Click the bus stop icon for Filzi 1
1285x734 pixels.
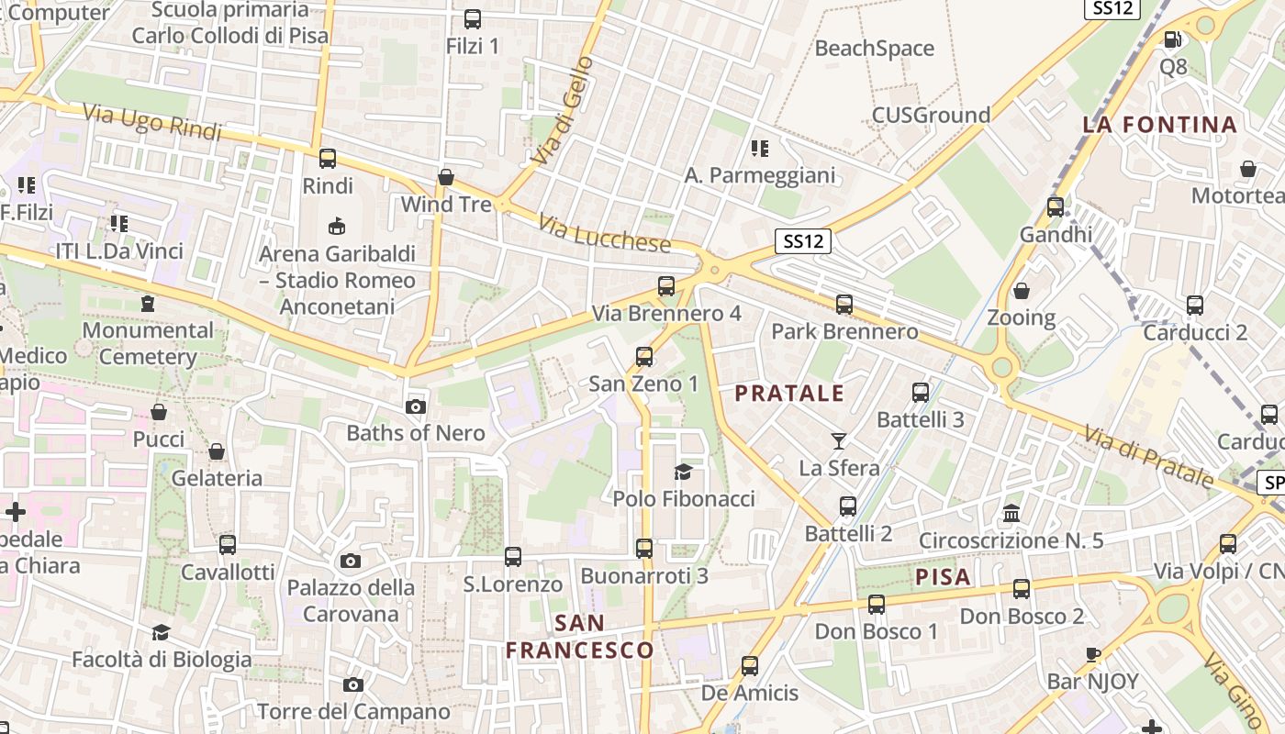(473, 18)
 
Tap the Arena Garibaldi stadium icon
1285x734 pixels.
(337, 226)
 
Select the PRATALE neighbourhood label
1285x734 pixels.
(789, 394)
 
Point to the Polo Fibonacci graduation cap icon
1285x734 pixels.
(683, 472)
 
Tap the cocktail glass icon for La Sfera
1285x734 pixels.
(838, 441)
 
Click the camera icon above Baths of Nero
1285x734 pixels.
(415, 406)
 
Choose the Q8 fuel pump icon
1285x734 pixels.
(1172, 39)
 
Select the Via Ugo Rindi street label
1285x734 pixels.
(152, 123)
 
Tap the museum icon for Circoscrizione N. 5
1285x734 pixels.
(1011, 513)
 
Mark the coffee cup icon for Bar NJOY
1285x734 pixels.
(1092, 654)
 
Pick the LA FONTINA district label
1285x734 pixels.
(1160, 125)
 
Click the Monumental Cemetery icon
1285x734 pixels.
(147, 303)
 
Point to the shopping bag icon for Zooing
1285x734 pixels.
(1021, 291)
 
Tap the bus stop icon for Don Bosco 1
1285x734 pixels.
(877, 604)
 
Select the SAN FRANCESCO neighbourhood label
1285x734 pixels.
(580, 637)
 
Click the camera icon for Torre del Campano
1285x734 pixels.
(352, 684)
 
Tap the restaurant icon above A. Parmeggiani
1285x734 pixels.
(759, 148)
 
